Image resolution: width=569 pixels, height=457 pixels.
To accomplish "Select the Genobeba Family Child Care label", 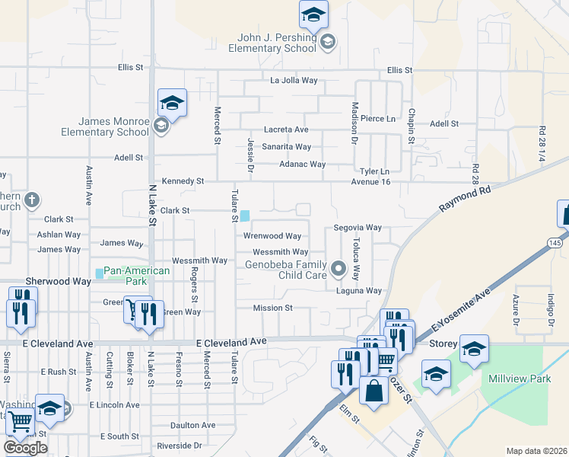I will pyautogui.click(x=285, y=270).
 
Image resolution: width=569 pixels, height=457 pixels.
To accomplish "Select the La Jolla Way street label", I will pyautogui.click(x=294, y=80).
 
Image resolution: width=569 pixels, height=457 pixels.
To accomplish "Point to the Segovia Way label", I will pyautogui.click(x=358, y=228).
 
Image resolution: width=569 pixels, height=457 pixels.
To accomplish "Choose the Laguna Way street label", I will pyautogui.click(x=359, y=291).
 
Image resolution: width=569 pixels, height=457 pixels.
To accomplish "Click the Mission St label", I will pyautogui.click(x=273, y=308).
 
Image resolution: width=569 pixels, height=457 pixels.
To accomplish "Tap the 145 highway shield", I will pyautogui.click(x=556, y=242).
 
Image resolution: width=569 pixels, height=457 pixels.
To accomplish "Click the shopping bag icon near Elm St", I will pyautogui.click(x=374, y=391).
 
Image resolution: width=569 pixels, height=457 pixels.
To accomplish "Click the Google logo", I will pyautogui.click(x=25, y=447).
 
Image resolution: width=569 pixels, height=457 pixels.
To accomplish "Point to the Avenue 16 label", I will pyautogui.click(x=370, y=182).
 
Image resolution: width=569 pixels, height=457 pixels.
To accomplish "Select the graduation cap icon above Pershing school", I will pyautogui.click(x=313, y=15).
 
